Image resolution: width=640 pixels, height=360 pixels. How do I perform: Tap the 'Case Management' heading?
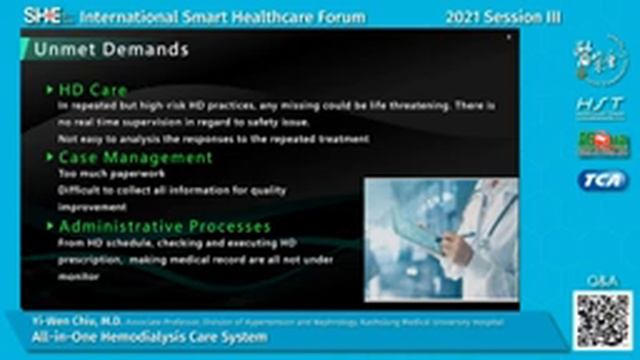click(135, 157)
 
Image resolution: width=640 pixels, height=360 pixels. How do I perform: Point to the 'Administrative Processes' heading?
click(165, 226)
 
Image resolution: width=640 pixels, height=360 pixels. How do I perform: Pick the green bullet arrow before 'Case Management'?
click(50, 157)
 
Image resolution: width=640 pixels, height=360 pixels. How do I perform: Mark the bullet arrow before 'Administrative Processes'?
click(50, 226)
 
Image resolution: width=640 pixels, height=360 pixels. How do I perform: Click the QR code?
click(602, 320)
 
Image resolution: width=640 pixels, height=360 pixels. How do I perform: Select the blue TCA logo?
click(602, 180)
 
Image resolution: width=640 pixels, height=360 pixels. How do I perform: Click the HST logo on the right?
click(602, 105)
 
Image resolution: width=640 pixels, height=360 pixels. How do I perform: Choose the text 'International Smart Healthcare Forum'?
click(222, 17)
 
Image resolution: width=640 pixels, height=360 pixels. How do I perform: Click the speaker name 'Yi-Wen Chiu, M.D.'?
click(61, 322)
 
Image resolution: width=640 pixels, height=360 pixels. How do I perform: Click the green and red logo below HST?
click(602, 143)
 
